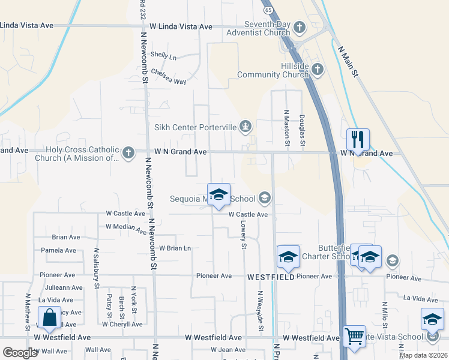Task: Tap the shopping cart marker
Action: tap(355, 337)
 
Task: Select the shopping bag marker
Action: tap(50, 317)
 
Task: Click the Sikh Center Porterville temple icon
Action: tap(245, 126)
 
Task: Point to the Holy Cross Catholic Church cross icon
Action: tap(128, 153)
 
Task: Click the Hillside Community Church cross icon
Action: tap(318, 70)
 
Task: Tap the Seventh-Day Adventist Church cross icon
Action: tap(300, 28)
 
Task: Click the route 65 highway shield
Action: tap(268, 10)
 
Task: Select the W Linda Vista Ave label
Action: tap(181, 27)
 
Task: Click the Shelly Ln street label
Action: tap(164, 56)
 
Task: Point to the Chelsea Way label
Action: tap(169, 76)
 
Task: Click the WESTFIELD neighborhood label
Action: tap(271, 277)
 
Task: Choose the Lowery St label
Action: tap(244, 234)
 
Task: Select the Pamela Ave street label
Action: tap(60, 250)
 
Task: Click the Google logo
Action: tap(20, 353)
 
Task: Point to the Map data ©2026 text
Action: tap(423, 355)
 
